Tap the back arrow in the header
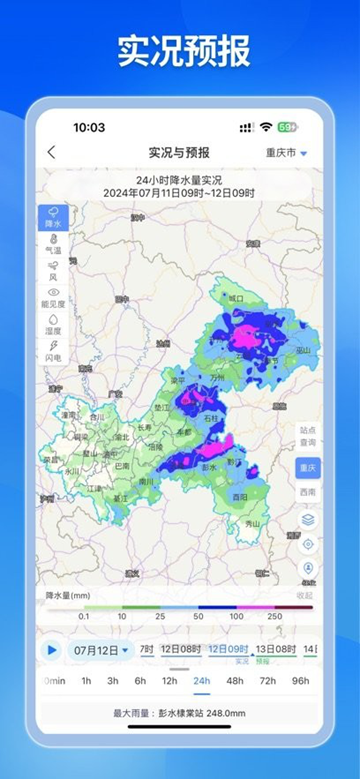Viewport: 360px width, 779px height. [51, 152]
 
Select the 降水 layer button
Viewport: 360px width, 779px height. [53, 217]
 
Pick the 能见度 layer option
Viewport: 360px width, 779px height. [53, 297]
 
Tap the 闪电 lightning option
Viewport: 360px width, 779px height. [53, 350]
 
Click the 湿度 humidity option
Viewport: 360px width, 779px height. [53, 324]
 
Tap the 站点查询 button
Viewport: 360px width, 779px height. [308, 435]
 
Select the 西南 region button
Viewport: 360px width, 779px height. [308, 492]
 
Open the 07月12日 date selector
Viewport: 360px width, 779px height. [102, 649]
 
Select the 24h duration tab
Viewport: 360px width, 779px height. [202, 680]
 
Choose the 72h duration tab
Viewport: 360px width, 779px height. [268, 680]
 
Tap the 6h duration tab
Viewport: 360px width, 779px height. [140, 680]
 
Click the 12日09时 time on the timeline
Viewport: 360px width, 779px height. [228, 649]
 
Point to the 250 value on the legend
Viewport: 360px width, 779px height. [274, 616]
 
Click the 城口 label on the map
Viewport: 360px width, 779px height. [236, 298]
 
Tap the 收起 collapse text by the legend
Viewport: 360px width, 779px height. [305, 595]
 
